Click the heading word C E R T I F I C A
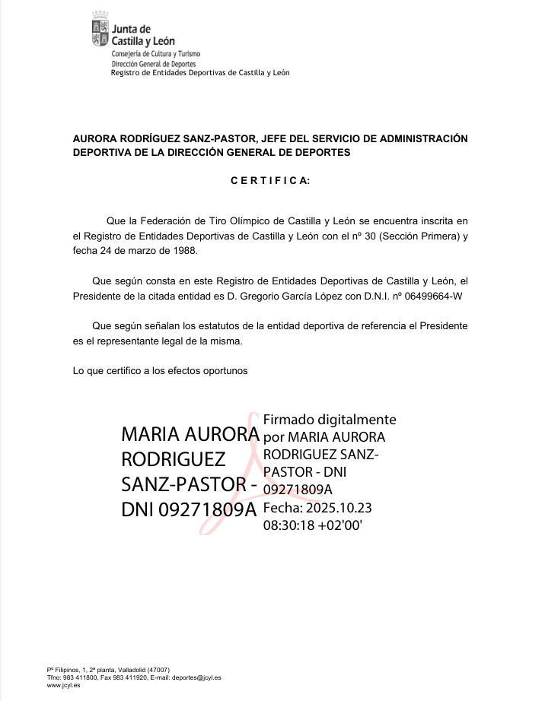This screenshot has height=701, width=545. [270, 182]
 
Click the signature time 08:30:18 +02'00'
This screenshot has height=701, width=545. [311, 524]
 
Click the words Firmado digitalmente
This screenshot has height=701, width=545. [329, 420]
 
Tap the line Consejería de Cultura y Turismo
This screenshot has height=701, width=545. [155, 56]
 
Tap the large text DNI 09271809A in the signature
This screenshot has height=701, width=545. [190, 510]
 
